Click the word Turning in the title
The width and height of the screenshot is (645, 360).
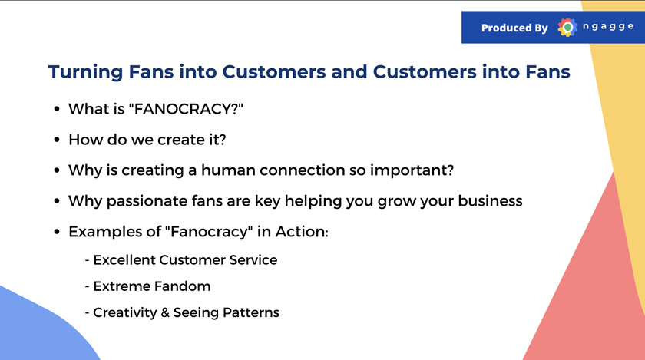(x=85, y=72)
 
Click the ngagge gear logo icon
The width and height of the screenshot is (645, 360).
(x=567, y=28)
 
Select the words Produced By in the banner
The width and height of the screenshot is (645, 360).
(x=514, y=28)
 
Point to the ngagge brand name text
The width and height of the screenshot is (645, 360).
(x=608, y=27)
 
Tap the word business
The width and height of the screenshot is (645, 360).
(x=490, y=201)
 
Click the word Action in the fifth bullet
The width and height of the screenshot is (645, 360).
(x=302, y=232)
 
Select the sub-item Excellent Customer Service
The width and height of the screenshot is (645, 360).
(x=185, y=260)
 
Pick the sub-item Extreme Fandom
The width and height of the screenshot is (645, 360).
(x=152, y=286)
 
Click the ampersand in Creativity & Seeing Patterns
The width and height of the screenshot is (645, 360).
(x=165, y=312)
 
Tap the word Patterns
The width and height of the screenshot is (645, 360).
(x=251, y=312)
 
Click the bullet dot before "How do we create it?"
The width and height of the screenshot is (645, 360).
(x=57, y=140)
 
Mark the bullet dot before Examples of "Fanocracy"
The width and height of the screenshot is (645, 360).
(x=57, y=232)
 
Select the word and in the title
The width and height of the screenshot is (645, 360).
(x=349, y=72)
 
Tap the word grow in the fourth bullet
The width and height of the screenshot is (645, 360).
(x=396, y=202)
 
